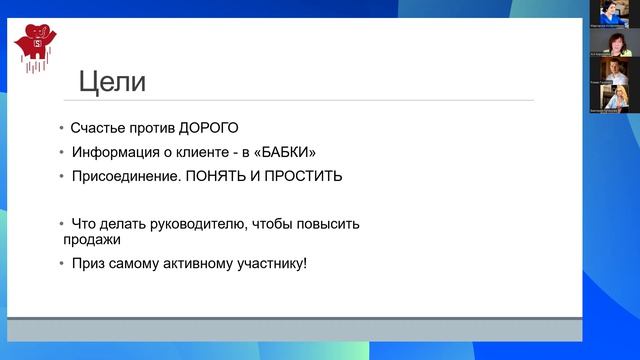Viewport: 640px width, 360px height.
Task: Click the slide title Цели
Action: pyautogui.click(x=112, y=81)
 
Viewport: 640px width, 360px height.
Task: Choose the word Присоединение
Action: pyautogui.click(x=122, y=176)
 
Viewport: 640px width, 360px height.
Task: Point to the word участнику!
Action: pyautogui.click(x=270, y=264)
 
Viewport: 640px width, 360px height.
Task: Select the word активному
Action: pyautogui.click(x=196, y=264)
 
